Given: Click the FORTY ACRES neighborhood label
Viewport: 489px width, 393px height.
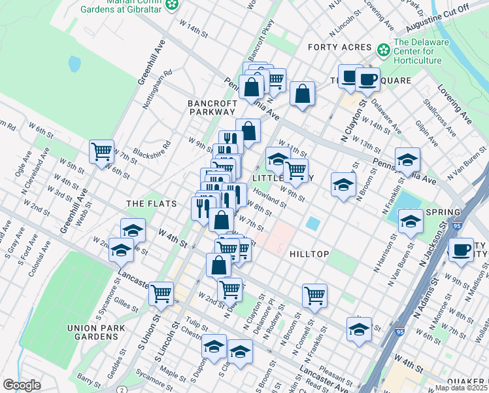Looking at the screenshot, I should pyautogui.click(x=339, y=47).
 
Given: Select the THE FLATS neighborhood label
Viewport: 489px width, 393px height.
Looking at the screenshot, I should pyautogui.click(x=152, y=204).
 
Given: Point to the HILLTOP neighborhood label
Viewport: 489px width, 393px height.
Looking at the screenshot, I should pyautogui.click(x=306, y=253).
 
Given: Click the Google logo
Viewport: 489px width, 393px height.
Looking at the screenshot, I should pyautogui.click(x=22, y=385).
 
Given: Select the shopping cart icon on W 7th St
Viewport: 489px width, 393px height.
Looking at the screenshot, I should pyautogui.click(x=101, y=151).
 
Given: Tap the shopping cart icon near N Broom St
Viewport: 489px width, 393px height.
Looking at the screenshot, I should pyautogui.click(x=314, y=295).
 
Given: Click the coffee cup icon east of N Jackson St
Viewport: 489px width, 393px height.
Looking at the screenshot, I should pyautogui.click(x=462, y=250).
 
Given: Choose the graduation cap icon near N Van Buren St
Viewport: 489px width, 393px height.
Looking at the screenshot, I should pyautogui.click(x=411, y=221).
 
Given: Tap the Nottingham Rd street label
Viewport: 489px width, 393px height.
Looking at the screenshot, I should pyautogui.click(x=158, y=90).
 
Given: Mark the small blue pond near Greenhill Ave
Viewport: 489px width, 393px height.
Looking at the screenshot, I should pyautogui.click(x=75, y=64).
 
